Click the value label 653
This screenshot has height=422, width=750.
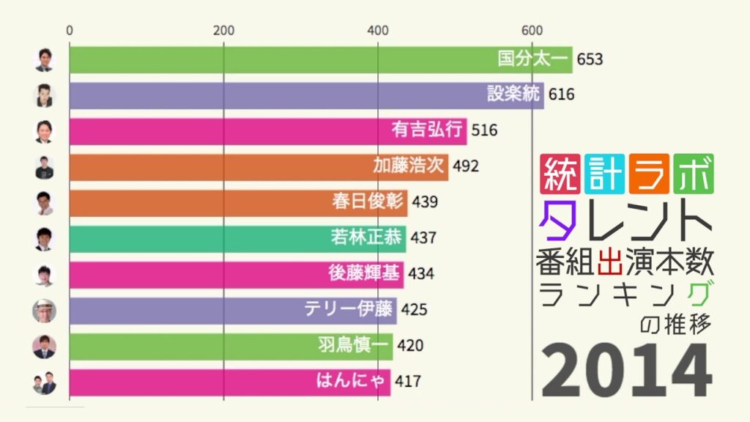pos(590,59)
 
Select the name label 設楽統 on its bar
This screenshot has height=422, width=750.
pos(513,95)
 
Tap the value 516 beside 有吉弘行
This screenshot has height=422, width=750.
pos(484,130)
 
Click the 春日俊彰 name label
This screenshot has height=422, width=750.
pos(373,201)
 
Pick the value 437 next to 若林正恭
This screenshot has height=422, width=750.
pos(423,237)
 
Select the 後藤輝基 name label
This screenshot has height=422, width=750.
pos(365,273)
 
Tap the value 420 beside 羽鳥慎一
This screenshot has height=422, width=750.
pos(410,345)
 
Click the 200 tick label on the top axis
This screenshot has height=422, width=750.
pos(223,31)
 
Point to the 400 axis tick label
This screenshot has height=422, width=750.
pos(378,31)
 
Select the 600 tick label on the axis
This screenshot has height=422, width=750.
pos(532,31)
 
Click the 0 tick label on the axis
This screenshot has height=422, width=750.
pos(70,31)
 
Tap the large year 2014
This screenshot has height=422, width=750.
pos(627,371)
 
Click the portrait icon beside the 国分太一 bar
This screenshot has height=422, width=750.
pos(45,59)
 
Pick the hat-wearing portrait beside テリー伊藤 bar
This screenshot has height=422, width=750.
pos(45,310)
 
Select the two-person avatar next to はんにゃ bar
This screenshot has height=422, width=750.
pos(45,382)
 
